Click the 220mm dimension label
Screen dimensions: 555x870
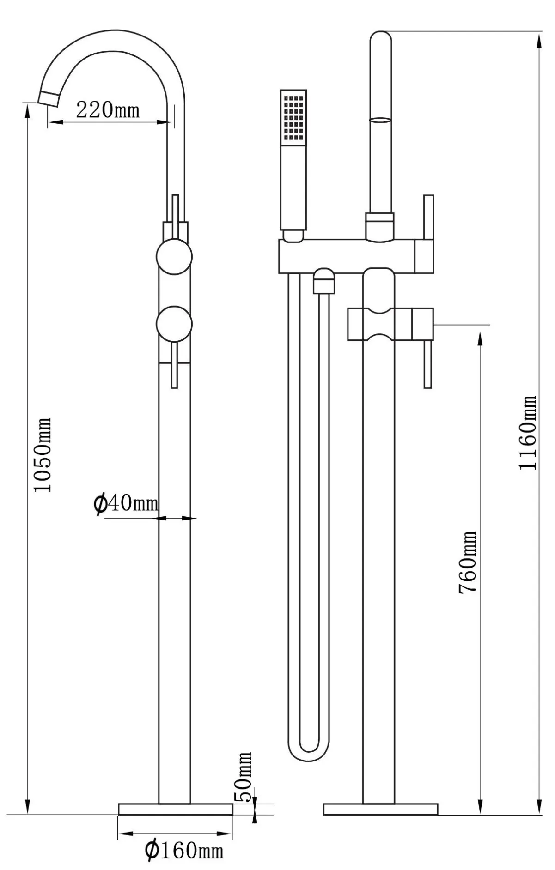(x=108, y=110)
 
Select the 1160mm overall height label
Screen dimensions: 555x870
(x=528, y=432)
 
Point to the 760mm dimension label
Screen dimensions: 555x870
(x=467, y=562)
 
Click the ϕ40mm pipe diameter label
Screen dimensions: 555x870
(x=126, y=503)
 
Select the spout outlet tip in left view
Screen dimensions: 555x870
(x=48, y=99)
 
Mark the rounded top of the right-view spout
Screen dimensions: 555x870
(x=381, y=37)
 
